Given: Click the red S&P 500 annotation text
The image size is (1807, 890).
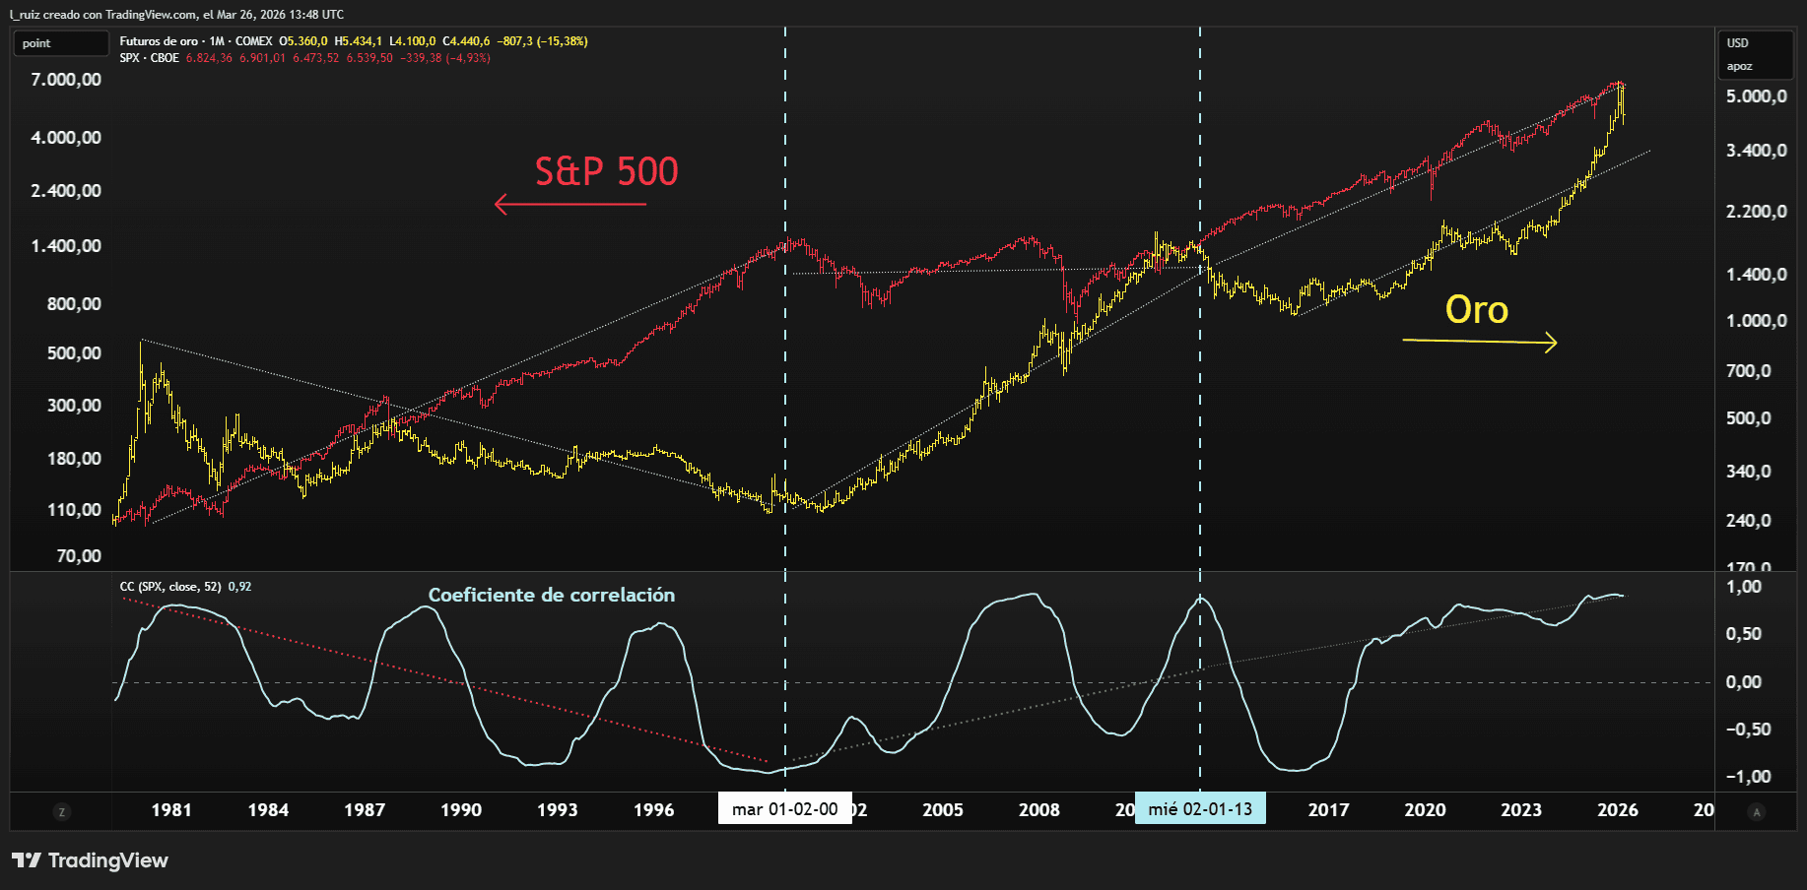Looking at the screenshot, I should point(606,172).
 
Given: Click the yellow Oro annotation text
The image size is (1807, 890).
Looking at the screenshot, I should point(1476,310).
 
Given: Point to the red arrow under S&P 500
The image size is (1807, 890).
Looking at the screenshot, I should point(570,205).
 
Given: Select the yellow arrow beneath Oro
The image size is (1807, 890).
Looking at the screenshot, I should point(1479,342).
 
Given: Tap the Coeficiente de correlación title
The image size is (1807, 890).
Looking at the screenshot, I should point(551,595).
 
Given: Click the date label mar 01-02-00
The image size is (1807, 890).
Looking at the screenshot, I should point(784,809).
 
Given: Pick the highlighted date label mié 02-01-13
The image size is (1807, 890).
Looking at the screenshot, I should point(1199,809).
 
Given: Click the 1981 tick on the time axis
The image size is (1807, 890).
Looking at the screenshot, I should point(171,810).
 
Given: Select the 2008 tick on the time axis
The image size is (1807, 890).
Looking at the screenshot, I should point(1038,810).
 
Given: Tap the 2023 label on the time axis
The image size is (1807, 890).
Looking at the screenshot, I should point(1520,810).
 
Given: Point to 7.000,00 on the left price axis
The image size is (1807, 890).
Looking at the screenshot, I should point(66,80).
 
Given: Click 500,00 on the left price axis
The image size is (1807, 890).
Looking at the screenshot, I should point(74,353).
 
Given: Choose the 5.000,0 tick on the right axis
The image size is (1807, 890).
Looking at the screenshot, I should point(1756,96).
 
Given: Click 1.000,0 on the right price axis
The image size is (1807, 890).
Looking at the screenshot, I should point(1756,321).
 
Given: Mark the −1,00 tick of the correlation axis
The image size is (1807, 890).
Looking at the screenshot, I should point(1748,777).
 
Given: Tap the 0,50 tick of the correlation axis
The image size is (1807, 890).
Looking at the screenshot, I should point(1743,634).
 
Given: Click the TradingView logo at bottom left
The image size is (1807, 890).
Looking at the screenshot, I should point(90,860).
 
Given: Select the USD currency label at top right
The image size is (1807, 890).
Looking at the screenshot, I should point(1737,43).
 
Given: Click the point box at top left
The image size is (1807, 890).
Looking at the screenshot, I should point(60,43).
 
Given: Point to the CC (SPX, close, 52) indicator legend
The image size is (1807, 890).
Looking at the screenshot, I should point(185,587).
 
